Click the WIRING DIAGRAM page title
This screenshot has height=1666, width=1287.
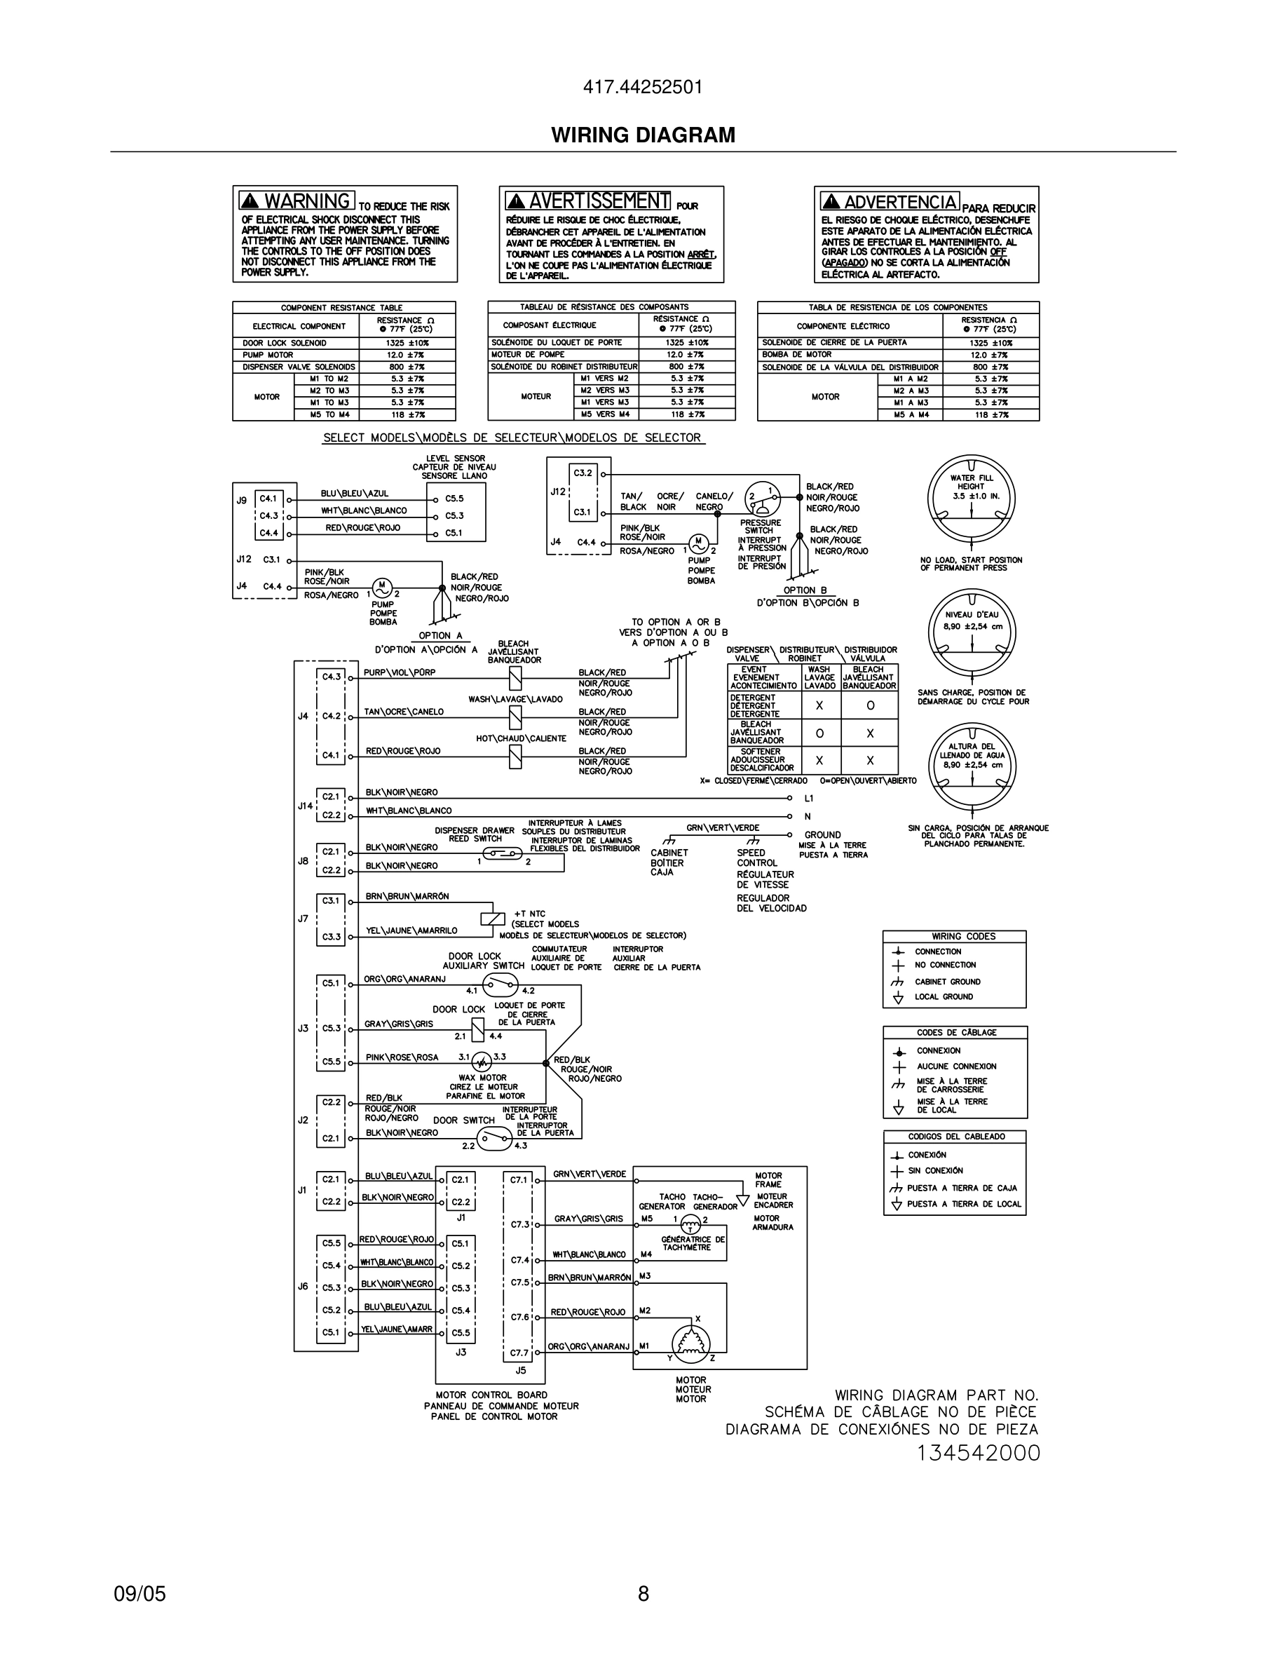click(x=643, y=135)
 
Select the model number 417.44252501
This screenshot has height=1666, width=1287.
click(x=643, y=88)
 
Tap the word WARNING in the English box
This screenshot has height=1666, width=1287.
click(x=306, y=201)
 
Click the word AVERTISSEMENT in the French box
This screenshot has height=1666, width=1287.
click(x=599, y=201)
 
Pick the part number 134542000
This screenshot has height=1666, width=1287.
click(x=978, y=1453)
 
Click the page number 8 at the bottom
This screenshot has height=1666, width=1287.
click(x=643, y=1594)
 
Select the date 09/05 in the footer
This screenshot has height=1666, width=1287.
click(x=139, y=1594)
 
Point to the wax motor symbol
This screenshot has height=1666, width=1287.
click(x=481, y=1062)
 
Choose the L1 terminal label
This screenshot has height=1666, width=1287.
click(x=809, y=798)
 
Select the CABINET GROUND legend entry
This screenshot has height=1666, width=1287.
click(x=948, y=982)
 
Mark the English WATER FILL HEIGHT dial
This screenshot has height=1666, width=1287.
click(x=972, y=498)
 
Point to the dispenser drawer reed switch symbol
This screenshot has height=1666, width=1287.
click(x=503, y=853)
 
